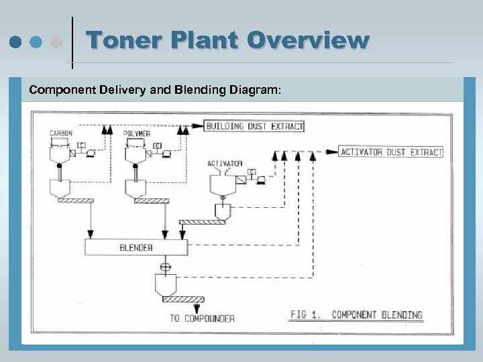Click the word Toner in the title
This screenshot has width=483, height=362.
[x=123, y=41]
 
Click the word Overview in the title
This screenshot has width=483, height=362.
[x=309, y=41]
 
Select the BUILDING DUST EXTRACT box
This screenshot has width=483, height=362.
[x=254, y=126]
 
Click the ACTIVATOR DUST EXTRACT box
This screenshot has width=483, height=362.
[x=392, y=152]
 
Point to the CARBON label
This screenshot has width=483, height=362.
[x=61, y=133]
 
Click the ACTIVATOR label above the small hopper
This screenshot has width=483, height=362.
[x=225, y=163]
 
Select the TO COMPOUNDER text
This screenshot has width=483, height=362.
[x=201, y=318]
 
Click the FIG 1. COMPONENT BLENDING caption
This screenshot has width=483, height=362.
[x=358, y=314]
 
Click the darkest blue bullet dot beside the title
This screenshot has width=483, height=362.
[x=15, y=42]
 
